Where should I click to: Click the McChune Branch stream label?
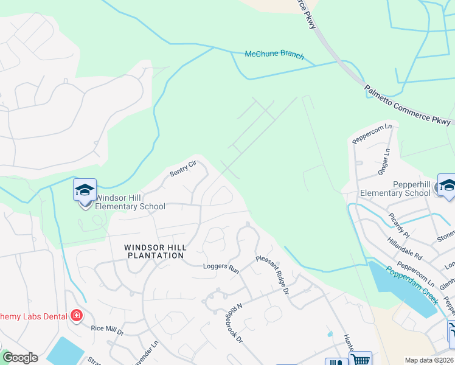[x=274, y=54]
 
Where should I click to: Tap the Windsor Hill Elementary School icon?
[x=85, y=191]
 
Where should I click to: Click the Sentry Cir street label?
[x=184, y=169]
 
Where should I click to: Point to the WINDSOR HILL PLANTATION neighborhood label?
[x=154, y=251]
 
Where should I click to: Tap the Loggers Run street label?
[x=221, y=267]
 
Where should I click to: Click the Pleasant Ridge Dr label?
[x=272, y=276]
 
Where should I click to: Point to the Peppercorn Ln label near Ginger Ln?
[x=372, y=134]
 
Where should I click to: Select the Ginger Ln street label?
[x=384, y=161]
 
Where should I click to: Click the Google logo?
[x=20, y=358]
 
